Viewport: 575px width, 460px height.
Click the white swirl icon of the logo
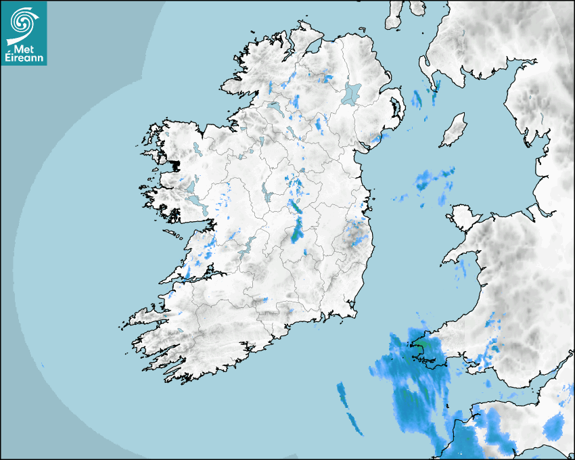(x=23, y=22)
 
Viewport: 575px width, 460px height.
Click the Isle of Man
(x=454, y=130)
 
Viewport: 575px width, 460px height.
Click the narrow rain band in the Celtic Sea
(x=348, y=406)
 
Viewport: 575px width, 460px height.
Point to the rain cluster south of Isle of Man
(x=433, y=179)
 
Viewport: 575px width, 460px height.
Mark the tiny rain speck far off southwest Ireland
(x=42, y=365)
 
